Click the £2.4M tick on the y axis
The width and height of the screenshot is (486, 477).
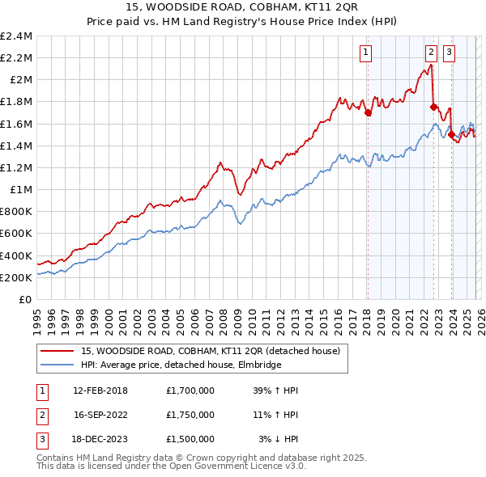coord(16,36)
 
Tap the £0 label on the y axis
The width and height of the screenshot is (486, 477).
coord(27,299)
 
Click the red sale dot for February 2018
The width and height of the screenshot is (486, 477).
coord(368,113)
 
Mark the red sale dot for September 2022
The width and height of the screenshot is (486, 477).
coord(433,108)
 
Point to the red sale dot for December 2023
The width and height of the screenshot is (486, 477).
coord(451,135)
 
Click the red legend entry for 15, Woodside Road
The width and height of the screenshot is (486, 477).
coord(215,351)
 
